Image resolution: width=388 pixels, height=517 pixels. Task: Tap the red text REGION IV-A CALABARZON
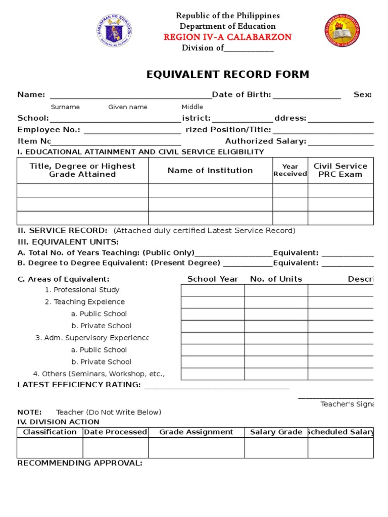pyautogui.click(x=227, y=37)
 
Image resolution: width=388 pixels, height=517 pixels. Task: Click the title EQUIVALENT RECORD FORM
pyautogui.click(x=227, y=75)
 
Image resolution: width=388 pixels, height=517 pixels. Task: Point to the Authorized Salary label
pyautogui.click(x=265, y=141)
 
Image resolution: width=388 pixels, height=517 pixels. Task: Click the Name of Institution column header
pyautogui.click(x=210, y=171)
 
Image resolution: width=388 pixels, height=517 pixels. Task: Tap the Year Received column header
pyautogui.click(x=290, y=170)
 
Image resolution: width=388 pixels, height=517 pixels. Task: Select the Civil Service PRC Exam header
pyautogui.click(x=341, y=170)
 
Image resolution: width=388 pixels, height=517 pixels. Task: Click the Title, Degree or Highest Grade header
pyautogui.click(x=82, y=170)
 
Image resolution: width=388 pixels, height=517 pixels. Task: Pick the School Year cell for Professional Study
pyautogui.click(x=213, y=290)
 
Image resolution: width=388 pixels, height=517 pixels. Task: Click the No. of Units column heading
pyautogui.click(x=276, y=279)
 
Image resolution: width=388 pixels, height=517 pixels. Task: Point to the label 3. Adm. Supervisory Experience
pyautogui.click(x=92, y=338)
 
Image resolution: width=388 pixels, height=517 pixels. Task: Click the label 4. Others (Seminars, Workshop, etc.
pyautogui.click(x=99, y=374)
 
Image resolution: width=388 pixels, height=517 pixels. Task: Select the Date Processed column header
pyautogui.click(x=116, y=432)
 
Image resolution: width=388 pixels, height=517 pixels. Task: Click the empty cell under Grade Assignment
pyautogui.click(x=196, y=448)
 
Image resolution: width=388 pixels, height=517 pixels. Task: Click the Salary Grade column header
pyautogui.click(x=276, y=432)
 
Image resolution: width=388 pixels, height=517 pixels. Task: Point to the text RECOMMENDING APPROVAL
pyautogui.click(x=80, y=463)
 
